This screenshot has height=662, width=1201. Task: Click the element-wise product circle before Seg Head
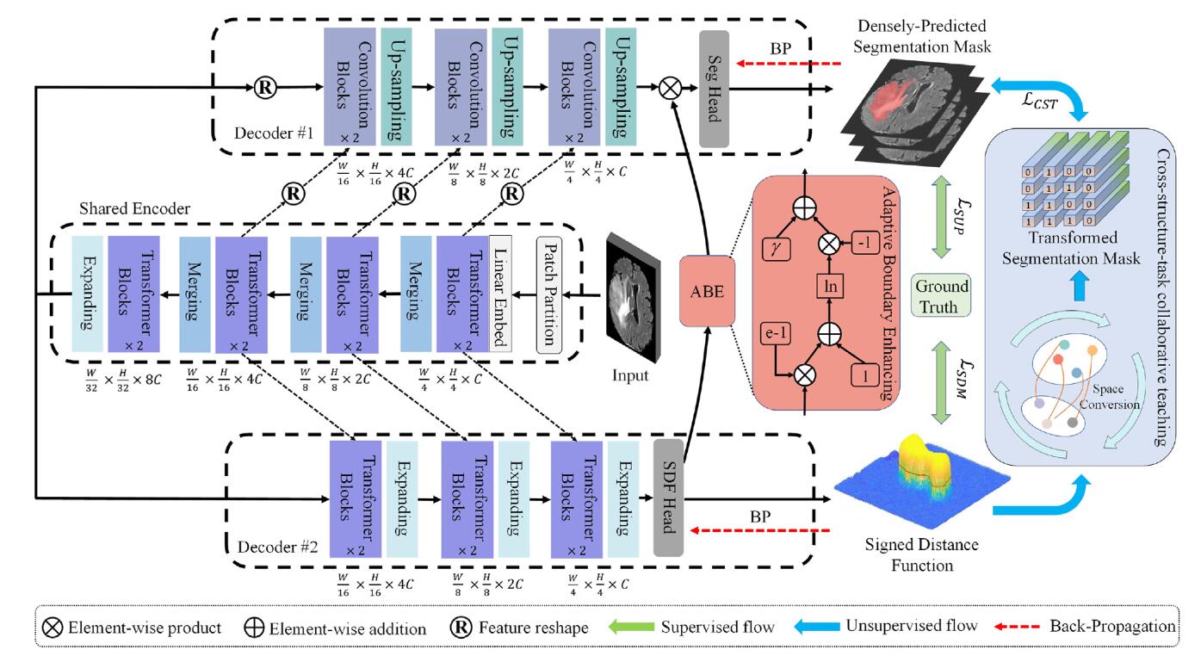(670, 88)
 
